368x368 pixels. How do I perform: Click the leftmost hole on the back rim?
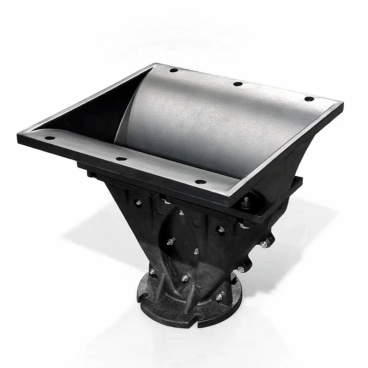click(173, 70)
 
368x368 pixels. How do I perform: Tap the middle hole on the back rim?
click(237, 84)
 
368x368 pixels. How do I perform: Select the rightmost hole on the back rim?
click(309, 99)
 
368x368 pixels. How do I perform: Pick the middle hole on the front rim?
click(121, 159)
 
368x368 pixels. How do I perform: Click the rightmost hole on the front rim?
click(200, 182)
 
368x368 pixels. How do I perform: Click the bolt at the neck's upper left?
click(138, 202)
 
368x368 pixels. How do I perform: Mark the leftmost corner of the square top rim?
click(18, 137)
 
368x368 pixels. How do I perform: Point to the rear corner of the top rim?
click(155, 64)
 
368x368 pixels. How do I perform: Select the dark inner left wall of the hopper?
click(92, 115)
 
